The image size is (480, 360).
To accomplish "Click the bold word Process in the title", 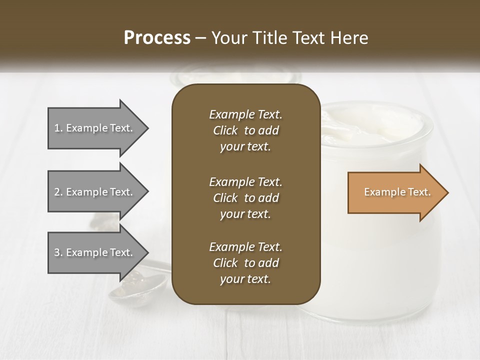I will pyautogui.click(x=157, y=38).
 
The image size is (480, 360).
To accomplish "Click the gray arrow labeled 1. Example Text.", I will pyautogui.click(x=95, y=128).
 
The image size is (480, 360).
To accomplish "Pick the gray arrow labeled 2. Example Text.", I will pyautogui.click(x=95, y=192).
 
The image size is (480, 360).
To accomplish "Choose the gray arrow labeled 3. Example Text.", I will pyautogui.click(x=95, y=252).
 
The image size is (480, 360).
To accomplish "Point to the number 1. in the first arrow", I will pyautogui.click(x=58, y=128).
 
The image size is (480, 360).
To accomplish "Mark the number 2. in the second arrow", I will pyautogui.click(x=58, y=192).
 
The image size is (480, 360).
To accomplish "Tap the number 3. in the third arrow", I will pyautogui.click(x=58, y=252).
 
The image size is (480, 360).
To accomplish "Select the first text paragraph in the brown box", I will pyautogui.click(x=245, y=130).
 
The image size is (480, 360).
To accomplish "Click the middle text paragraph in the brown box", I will pyautogui.click(x=245, y=197).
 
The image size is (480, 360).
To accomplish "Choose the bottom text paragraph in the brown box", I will pyautogui.click(x=245, y=263).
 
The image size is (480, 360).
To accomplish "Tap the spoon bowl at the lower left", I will pyautogui.click(x=137, y=287).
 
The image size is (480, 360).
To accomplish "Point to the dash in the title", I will pyautogui.click(x=200, y=38).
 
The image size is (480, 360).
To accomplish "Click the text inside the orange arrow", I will pyautogui.click(x=397, y=192).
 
